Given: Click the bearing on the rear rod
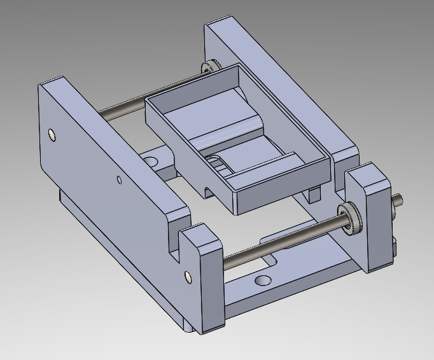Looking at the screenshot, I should click(x=208, y=68).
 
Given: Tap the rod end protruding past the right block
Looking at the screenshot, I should click(x=398, y=200).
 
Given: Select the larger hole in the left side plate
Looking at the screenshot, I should click(x=52, y=135).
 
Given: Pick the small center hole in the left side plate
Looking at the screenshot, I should click(x=118, y=179).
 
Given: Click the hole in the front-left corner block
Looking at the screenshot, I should click(x=187, y=276).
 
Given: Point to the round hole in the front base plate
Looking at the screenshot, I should click(x=262, y=280).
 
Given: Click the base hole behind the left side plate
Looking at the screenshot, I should click(x=151, y=158).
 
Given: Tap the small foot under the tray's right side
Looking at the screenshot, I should click(x=313, y=194).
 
